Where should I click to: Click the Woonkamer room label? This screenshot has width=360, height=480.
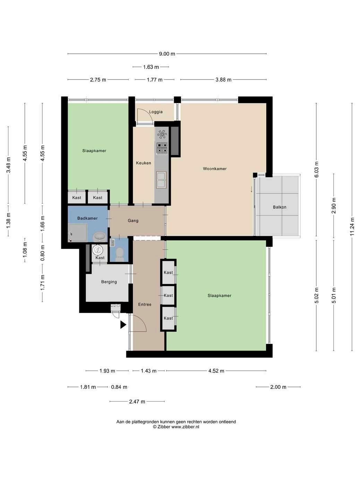pos(215,169)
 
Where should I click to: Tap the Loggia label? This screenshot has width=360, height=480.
pos(156,112)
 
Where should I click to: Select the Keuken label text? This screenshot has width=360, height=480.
pos(143,163)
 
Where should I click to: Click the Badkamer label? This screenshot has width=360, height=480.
pos(87,218)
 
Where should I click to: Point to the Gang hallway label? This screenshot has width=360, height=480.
pos(133,221)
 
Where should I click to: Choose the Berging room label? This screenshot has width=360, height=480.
pos(109,282)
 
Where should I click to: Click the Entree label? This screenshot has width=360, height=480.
pos(145,305)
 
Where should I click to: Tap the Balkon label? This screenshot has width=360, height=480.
pos(280,207)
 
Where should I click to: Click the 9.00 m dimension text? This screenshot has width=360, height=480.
pos(167,54)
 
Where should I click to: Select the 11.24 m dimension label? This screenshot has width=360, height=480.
pos(352,226)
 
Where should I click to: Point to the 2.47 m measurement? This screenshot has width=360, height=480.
pos(137,402)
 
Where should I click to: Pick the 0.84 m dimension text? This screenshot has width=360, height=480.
pos(119,387)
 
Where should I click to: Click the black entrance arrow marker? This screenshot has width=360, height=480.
pos(123,325)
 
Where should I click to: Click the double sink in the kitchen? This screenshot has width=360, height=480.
pos(161,180)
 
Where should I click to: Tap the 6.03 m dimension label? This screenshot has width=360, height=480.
pos(316,170)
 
